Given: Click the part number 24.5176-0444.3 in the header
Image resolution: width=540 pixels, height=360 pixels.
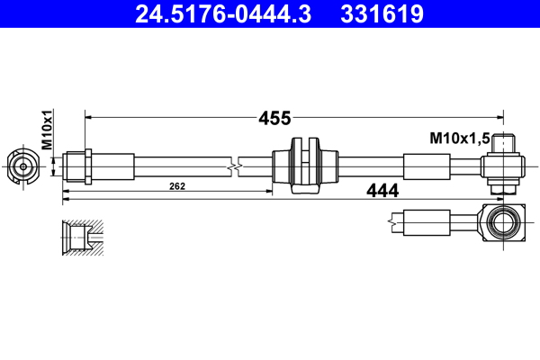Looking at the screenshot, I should (220, 13).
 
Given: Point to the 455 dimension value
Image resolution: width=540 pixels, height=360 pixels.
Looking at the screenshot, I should (274, 117).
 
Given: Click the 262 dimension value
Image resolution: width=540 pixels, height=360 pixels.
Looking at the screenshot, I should (176, 186).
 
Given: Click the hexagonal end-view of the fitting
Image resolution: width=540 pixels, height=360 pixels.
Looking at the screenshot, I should (22, 166).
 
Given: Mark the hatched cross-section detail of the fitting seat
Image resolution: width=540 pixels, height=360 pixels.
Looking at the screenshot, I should (81, 236).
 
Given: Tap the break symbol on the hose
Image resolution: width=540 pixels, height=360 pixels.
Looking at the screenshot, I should (235, 166).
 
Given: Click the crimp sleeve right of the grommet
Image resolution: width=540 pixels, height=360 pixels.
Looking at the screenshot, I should (426, 166).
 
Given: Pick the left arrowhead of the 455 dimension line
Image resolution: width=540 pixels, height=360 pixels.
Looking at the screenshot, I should (88, 116).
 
